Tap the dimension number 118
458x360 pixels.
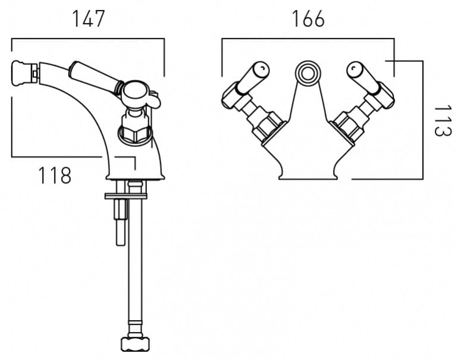pos(55,176)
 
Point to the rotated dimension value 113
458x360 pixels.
pos(442,121)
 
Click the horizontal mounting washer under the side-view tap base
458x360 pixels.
pos(126,195)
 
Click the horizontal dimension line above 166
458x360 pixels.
pos(308,40)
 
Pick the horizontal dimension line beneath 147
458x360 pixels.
pos(88,39)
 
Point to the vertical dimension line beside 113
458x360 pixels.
pos(422,119)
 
